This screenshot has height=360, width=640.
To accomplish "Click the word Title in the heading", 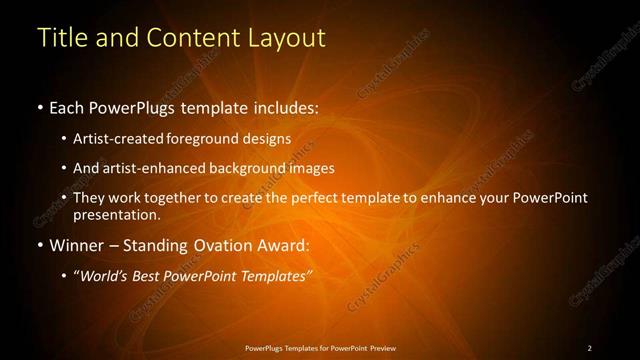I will [60, 38].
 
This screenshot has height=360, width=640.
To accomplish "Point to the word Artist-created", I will [134, 140].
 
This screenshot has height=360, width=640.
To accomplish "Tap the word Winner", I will [76, 244].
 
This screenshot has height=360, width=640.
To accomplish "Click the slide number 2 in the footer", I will [590, 348].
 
